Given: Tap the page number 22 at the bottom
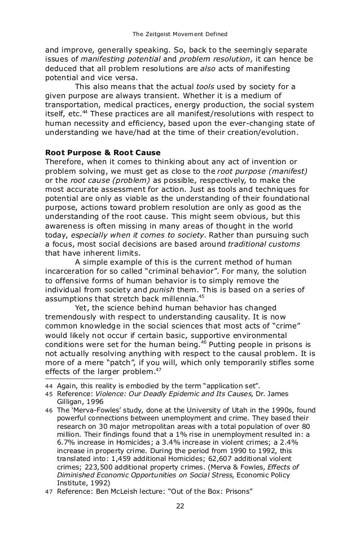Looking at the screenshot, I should coord(179,505).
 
